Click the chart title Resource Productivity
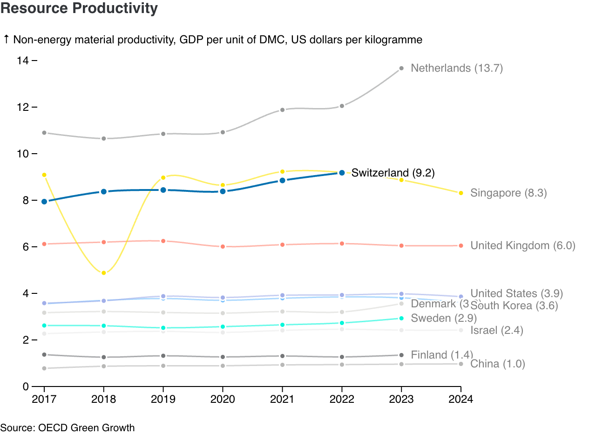(79, 8)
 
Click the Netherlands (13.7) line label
(457, 68)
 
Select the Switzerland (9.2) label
(393, 173)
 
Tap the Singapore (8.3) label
(508, 193)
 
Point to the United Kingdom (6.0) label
(523, 245)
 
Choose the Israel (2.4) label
(497, 331)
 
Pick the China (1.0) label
(498, 364)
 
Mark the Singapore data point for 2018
(104, 273)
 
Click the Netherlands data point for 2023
(401, 68)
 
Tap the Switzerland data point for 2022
(342, 173)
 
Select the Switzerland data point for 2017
(44, 202)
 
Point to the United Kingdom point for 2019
(163, 241)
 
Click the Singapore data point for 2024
(461, 193)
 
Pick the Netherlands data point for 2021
(282, 110)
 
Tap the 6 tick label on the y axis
(26, 247)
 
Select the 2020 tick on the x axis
(223, 399)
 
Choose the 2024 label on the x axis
(461, 399)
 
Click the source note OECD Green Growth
(68, 427)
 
